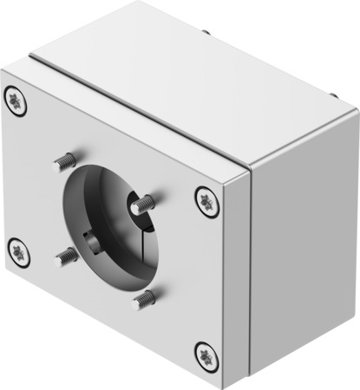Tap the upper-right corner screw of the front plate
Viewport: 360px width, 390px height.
(206, 200)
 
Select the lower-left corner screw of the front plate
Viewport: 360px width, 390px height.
(19, 252)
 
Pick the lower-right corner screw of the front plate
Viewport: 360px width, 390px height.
(205, 353)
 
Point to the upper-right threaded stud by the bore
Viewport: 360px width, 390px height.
(145, 204)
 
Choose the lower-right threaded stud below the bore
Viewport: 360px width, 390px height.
(143, 300)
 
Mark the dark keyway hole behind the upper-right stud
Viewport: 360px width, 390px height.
(136, 207)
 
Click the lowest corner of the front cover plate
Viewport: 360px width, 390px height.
(223, 386)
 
